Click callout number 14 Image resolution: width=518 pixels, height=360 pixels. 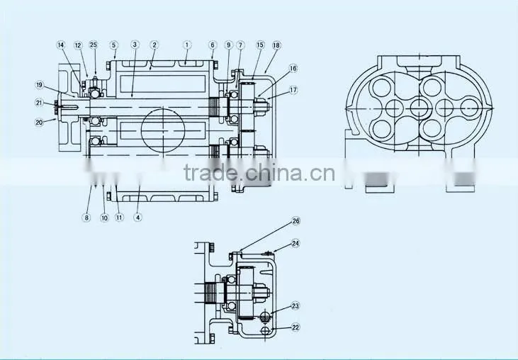point(61,45)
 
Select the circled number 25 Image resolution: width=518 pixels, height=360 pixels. point(94,45)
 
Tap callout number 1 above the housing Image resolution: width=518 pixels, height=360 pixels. point(186,45)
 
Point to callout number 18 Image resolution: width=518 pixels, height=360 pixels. point(276,45)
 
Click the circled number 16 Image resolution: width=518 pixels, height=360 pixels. point(293,68)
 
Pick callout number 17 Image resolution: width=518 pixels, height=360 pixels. point(293,90)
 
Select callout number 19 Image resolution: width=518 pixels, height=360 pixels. point(39,85)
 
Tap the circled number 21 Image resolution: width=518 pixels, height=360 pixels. point(39,103)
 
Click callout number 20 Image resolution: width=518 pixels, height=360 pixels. point(39,123)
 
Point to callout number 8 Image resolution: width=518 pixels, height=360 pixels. point(86,218)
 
